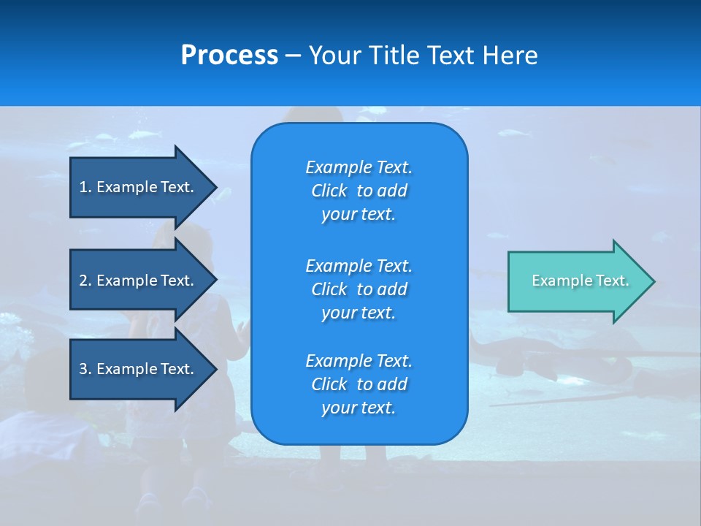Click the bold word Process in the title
(x=229, y=56)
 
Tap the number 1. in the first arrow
(x=85, y=187)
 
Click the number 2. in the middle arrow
(x=85, y=281)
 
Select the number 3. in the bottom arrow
(x=85, y=369)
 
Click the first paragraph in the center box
(x=359, y=191)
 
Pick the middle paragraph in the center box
(x=359, y=289)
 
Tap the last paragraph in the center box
(x=359, y=384)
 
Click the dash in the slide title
(x=293, y=56)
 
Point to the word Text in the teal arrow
(x=614, y=281)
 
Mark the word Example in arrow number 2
(x=127, y=281)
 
